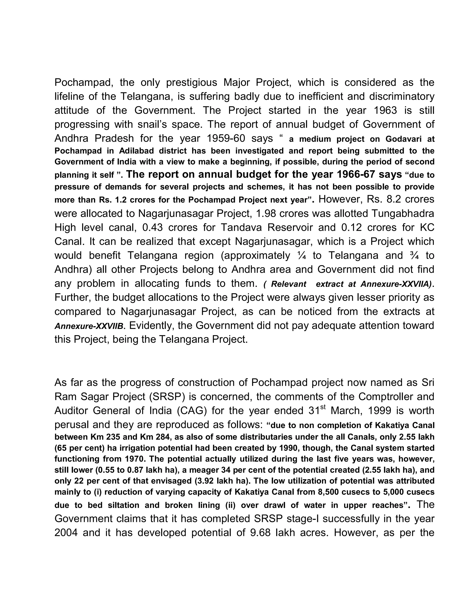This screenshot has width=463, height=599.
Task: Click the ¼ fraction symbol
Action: (301, 255)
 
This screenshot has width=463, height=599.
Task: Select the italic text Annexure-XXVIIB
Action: (89, 326)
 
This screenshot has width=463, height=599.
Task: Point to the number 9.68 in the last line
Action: (260, 533)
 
